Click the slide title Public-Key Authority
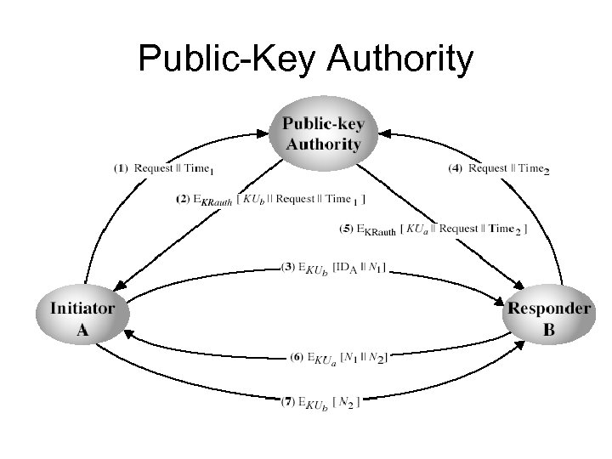[x=305, y=59]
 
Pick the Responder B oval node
[x=548, y=318]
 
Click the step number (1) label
[x=122, y=167]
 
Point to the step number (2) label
[x=184, y=200]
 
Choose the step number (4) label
[x=456, y=167]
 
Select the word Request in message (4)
[x=488, y=167]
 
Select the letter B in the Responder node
[x=549, y=330]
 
